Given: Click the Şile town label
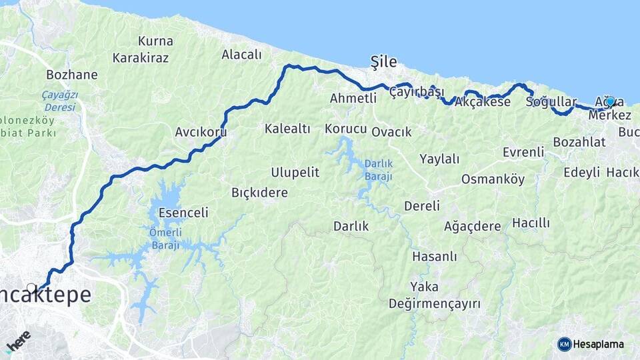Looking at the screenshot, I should tap(383, 62).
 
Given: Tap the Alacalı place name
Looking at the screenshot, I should tap(241, 55).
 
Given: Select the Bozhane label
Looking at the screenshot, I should tap(72, 74).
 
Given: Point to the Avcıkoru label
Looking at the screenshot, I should tap(201, 132).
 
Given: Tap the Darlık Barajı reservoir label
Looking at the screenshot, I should tap(378, 170).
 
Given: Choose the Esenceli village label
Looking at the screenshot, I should tap(183, 213).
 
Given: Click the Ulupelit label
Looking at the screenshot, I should tap(295, 172).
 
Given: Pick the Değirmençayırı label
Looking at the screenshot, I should tap(435, 304).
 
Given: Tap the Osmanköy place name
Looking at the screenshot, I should tap(493, 179).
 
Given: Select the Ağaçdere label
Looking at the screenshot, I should tap(472, 226).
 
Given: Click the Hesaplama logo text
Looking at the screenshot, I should tap(598, 344).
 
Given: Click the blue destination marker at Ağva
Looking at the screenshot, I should tap(609, 101).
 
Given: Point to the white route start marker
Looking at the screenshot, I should tap(31, 289).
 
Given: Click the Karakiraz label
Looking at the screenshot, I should tap(141, 58).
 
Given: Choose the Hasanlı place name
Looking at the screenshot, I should tap(434, 256).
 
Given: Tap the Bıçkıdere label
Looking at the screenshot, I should tap(259, 193).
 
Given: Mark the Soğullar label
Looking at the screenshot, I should tap(551, 102).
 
